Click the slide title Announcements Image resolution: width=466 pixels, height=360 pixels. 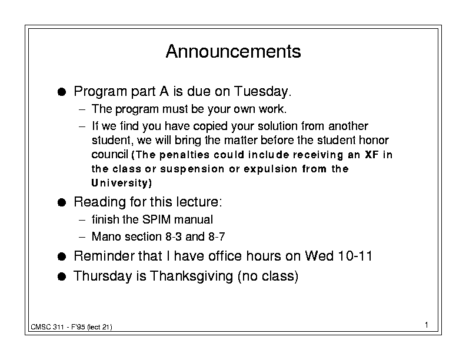(234, 51)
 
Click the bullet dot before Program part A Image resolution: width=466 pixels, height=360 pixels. (62, 92)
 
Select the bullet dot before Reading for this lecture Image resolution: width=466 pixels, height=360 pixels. (62, 202)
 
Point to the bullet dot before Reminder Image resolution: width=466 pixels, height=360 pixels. (62, 256)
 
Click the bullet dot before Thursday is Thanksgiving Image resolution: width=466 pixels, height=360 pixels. (62, 276)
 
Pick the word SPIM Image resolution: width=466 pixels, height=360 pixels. (157, 219)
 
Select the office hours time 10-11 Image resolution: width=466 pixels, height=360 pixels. (355, 256)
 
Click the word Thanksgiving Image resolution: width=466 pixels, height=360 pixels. (191, 276)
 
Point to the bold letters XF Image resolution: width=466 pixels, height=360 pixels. (372, 155)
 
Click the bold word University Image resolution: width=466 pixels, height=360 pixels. (121, 183)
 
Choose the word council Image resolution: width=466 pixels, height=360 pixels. (109, 155)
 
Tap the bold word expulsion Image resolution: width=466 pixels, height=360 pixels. (271, 169)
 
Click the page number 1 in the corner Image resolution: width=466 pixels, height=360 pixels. (427, 325)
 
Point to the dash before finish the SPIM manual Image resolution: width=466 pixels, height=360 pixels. (82, 221)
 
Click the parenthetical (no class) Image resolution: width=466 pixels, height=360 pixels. (268, 276)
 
